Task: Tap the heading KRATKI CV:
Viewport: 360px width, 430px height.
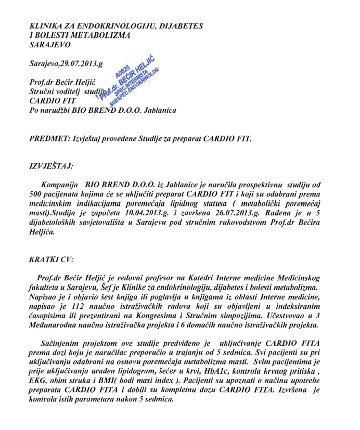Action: coord(51,258)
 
